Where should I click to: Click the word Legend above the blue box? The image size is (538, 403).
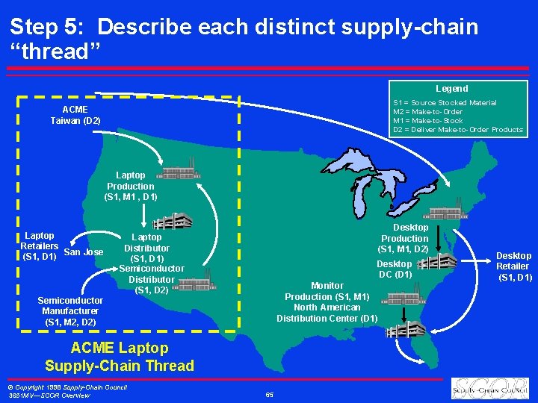[452, 89]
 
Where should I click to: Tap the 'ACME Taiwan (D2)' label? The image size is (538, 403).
[75, 115]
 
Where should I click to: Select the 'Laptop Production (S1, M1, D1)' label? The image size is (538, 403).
[130, 187]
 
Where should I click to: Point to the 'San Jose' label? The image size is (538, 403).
[84, 252]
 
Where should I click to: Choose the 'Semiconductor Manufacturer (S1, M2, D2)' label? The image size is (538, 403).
[70, 310]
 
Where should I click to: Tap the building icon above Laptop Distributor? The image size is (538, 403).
[172, 222]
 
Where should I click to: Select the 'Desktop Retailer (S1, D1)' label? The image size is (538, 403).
[513, 266]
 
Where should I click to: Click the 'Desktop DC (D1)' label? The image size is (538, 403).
[394, 269]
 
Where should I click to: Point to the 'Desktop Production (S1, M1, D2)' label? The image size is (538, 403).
[405, 238]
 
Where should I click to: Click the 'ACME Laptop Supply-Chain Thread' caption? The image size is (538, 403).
[119, 357]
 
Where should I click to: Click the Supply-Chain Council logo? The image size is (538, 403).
[489, 388]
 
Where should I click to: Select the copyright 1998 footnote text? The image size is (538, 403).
[67, 390]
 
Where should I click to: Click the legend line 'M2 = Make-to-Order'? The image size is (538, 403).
[427, 112]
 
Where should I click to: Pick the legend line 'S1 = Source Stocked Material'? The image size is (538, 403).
[445, 103]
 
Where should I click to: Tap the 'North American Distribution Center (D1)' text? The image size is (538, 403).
[327, 313]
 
